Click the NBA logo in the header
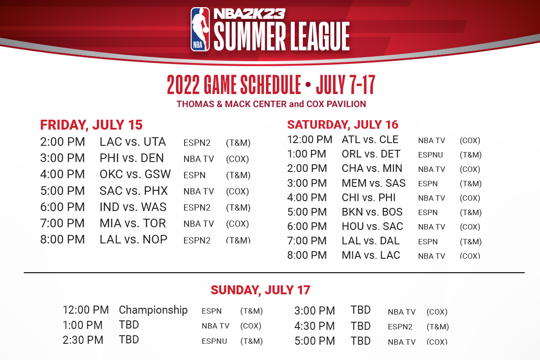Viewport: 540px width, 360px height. [x=200, y=29]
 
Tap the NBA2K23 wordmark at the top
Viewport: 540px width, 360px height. [x=249, y=14]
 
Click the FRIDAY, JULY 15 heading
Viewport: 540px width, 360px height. [x=91, y=125]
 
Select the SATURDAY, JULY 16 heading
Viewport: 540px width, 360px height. [x=342, y=125]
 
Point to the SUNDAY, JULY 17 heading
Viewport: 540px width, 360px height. [x=261, y=290]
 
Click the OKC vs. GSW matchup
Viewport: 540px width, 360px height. [x=135, y=174]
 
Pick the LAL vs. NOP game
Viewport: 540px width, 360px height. [x=133, y=239]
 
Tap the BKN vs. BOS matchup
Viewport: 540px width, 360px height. [x=372, y=212]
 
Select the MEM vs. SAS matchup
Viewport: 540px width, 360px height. [x=373, y=183]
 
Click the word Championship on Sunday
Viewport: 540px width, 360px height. [x=153, y=310]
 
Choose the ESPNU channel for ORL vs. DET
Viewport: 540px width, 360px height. [x=430, y=155]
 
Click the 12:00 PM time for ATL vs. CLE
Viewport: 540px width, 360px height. [x=310, y=139]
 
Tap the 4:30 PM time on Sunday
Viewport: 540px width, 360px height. [x=315, y=326]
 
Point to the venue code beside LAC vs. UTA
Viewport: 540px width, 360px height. [x=238, y=143]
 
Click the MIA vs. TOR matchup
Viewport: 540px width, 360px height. [x=133, y=223]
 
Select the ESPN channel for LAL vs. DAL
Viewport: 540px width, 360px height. [x=427, y=242]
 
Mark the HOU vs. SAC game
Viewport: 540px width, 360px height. [x=372, y=226]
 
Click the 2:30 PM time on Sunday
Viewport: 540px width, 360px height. [x=83, y=340]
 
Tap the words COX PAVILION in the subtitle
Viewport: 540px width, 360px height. [x=336, y=104]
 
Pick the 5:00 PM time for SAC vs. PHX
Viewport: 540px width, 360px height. [x=63, y=191]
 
